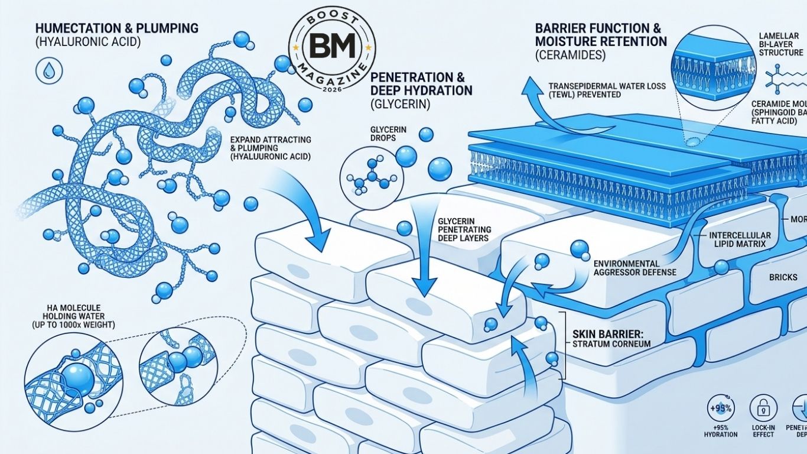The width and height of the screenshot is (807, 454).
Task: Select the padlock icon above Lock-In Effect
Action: pos(759,408)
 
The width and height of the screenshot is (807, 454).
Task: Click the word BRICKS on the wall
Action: pos(783,277)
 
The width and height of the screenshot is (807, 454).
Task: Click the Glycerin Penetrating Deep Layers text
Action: pos(464,229)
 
